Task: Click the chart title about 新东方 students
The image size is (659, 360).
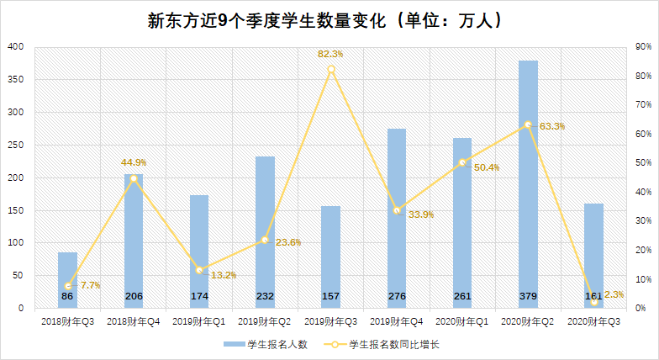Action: point(329,20)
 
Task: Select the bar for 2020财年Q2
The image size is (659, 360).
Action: point(528,185)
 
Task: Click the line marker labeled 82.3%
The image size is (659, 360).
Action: point(331,69)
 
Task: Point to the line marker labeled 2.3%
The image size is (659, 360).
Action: point(593,301)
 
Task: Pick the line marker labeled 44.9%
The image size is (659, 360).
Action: point(134,178)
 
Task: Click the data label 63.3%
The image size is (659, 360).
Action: point(552,126)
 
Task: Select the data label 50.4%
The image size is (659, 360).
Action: point(487,167)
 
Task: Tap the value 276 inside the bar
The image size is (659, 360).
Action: point(397,296)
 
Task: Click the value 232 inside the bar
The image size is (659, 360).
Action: point(265,296)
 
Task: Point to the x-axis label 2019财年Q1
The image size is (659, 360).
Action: point(199,321)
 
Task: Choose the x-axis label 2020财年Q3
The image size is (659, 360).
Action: point(593,321)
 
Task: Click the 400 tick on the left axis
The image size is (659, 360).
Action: point(16,47)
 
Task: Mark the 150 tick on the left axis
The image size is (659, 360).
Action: point(16,210)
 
